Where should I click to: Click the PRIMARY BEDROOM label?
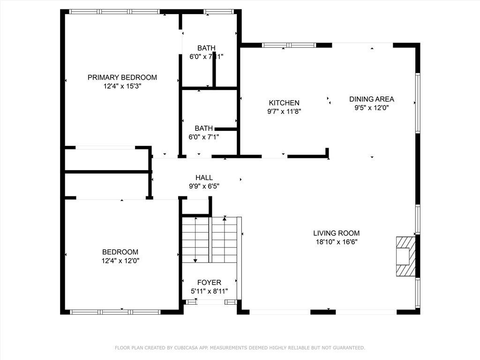[x=122, y=77]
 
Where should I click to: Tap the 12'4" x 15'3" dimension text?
[x=122, y=86]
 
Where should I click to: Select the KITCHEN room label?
[x=284, y=103]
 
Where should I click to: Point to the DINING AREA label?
[x=371, y=99]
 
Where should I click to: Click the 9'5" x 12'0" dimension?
[x=371, y=107]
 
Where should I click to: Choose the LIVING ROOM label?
[x=336, y=233]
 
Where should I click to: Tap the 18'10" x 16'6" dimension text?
[x=336, y=242]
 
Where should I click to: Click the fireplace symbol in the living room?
[x=404, y=256]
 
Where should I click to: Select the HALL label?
[x=204, y=178]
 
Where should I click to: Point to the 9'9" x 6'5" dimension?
[x=204, y=186]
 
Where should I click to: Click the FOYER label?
[x=209, y=283]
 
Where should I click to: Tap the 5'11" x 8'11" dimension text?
[x=209, y=291]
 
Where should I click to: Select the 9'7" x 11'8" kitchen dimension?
[x=284, y=112]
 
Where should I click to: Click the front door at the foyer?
[x=210, y=302]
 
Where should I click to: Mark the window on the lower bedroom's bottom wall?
[x=115, y=312]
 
